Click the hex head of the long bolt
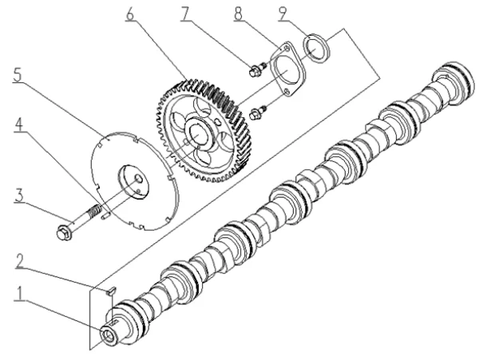point(64,233)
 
